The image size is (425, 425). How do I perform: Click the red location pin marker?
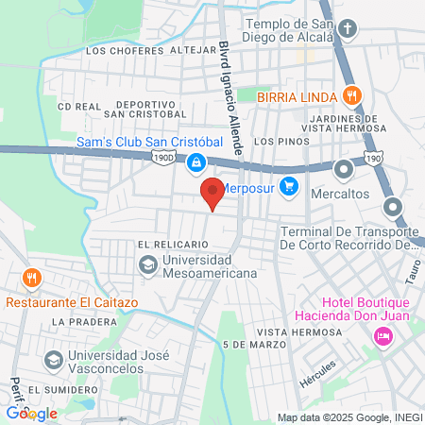click(x=212, y=193)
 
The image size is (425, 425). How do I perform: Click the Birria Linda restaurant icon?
click(x=351, y=94)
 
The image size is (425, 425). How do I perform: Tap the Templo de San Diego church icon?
click(x=348, y=27)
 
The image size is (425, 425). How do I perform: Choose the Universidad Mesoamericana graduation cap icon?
click(x=148, y=266)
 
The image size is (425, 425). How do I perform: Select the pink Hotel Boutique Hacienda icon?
click(x=383, y=335)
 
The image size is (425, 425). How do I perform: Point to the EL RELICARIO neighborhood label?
click(x=173, y=244)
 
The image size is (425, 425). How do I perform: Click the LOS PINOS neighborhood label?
click(x=277, y=141)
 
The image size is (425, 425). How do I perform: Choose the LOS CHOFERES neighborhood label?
click(x=115, y=50)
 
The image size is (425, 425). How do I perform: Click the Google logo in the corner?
click(x=31, y=414)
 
